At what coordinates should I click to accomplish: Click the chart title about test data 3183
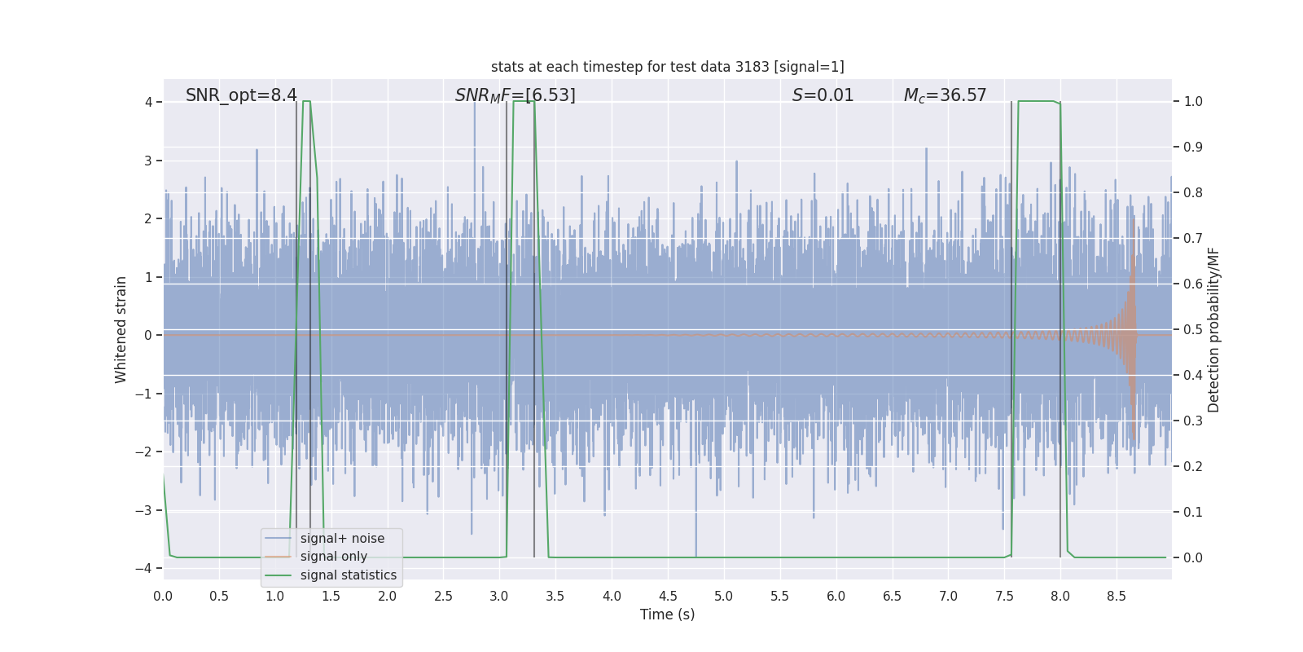[667, 67]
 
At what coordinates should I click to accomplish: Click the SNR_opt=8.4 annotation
[241, 95]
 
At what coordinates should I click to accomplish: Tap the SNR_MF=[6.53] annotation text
[515, 95]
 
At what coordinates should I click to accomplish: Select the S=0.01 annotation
[823, 95]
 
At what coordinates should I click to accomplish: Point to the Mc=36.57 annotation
[945, 95]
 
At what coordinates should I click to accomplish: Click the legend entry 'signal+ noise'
[342, 539]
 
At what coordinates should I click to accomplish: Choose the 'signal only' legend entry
[333, 557]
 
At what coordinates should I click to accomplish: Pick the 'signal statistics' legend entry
[348, 575]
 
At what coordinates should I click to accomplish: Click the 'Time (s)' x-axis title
[667, 615]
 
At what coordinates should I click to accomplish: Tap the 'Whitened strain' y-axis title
[121, 329]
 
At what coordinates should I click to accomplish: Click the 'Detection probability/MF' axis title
[1213, 329]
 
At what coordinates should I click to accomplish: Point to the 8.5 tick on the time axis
[1116, 596]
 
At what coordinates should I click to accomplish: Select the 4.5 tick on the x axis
[668, 596]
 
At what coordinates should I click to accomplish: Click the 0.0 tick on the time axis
[163, 596]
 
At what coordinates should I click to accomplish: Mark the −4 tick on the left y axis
[147, 568]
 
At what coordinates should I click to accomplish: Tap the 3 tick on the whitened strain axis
[148, 161]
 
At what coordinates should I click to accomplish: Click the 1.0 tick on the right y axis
[1193, 102]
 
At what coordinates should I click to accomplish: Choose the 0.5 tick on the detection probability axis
[1193, 330]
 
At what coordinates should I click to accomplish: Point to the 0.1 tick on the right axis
[1193, 513]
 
